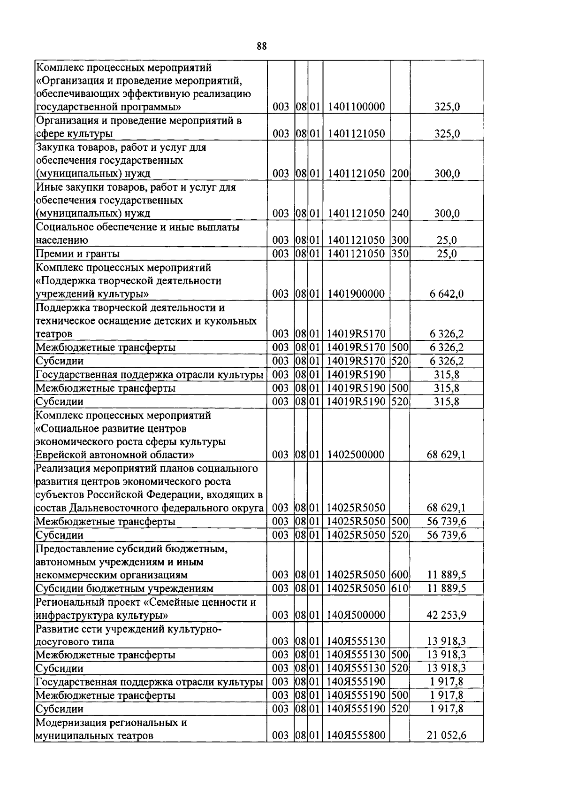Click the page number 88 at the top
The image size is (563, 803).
click(262, 46)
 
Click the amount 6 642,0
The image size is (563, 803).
click(446, 294)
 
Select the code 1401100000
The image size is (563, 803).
click(356, 107)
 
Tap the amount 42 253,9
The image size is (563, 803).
click(446, 615)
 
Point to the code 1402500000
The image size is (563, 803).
click(356, 455)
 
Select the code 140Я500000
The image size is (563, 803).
click(356, 615)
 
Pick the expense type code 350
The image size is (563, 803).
click(400, 254)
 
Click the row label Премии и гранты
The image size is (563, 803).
click(78, 254)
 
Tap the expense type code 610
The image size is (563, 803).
click(400, 588)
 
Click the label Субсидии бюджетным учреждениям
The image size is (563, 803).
click(125, 588)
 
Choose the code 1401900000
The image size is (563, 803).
click(356, 294)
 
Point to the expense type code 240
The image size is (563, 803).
click(400, 214)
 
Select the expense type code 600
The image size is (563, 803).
click(400, 575)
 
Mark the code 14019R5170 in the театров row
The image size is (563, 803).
click(356, 334)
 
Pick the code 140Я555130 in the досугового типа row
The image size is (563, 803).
click(356, 641)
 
